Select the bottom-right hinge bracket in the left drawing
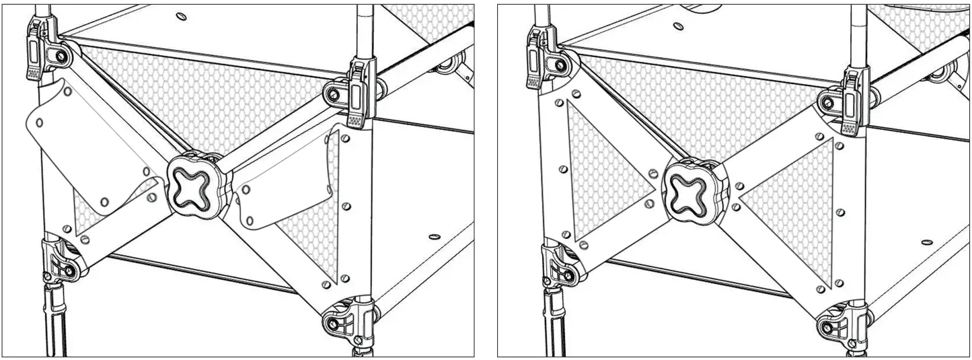click(x=345, y=316)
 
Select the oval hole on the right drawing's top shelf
click(x=679, y=26)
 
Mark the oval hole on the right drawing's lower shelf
click(x=928, y=241)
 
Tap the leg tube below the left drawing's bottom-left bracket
click(x=54, y=323)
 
